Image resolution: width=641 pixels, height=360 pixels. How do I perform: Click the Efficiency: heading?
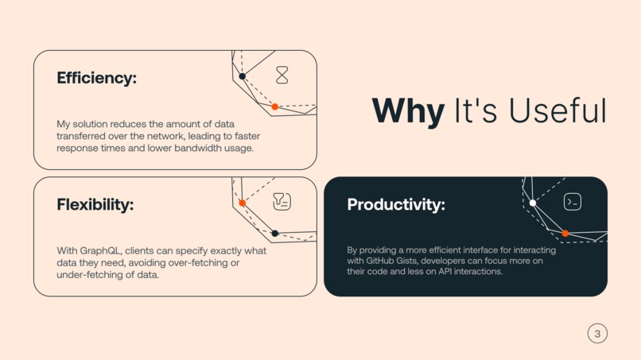(96, 78)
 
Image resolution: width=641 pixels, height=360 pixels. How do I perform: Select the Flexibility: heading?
(95, 204)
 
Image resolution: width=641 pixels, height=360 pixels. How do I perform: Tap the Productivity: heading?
(396, 204)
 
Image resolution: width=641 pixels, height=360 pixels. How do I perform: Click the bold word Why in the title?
(408, 111)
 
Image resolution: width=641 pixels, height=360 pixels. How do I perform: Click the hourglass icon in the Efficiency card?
(282, 75)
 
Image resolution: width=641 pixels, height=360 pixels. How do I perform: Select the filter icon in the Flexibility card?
(282, 201)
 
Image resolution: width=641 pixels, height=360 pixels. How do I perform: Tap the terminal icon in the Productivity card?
(572, 202)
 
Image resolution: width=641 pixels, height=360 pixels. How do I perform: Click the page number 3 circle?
(597, 333)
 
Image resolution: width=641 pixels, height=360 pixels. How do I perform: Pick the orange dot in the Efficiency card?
(274, 106)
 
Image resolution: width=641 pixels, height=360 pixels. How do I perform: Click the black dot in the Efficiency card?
(243, 76)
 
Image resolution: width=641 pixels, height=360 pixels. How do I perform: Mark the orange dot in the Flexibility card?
(243, 203)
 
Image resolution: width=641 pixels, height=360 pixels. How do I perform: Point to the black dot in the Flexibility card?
(274, 234)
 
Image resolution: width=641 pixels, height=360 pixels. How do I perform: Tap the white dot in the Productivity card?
(533, 203)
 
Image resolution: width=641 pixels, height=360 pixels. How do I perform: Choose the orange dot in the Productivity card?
(565, 234)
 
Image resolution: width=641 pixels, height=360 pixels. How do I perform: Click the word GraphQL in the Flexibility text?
(105, 251)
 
